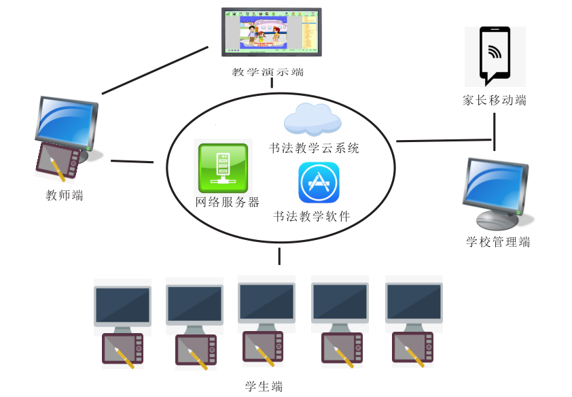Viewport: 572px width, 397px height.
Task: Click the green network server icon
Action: click(223, 168)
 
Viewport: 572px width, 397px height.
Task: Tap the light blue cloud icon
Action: click(312, 119)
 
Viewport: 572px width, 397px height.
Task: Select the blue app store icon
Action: click(319, 182)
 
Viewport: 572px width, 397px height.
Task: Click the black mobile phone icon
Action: click(495, 54)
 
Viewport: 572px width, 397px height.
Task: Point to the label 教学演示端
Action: click(272, 71)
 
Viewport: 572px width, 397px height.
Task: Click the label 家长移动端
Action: click(494, 101)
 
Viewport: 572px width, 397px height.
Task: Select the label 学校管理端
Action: click(498, 241)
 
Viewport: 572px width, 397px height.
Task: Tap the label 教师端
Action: click(65, 196)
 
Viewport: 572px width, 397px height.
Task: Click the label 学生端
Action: click(264, 387)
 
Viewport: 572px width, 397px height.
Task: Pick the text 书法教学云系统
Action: click(313, 148)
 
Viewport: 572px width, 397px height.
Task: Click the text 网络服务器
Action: click(227, 202)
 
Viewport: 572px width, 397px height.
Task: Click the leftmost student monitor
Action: click(122, 305)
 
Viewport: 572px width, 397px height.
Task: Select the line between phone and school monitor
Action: click(495, 131)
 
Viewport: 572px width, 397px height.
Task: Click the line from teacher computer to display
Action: click(155, 70)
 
